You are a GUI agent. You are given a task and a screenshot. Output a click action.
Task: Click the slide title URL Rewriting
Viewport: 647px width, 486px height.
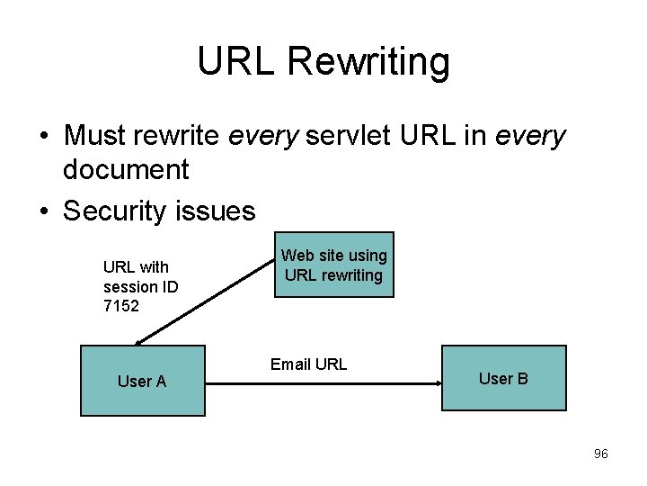323,61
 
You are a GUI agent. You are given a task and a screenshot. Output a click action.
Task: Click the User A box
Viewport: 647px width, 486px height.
142,381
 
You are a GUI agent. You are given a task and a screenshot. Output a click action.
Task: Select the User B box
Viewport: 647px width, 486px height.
503,378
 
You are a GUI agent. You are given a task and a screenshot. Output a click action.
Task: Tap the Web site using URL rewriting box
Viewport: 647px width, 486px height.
334,265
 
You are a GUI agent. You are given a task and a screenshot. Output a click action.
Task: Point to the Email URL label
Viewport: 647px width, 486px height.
308,364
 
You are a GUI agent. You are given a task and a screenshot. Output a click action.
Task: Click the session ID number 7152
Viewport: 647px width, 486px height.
121,306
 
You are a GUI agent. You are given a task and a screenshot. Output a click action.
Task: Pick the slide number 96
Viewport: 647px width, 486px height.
601,454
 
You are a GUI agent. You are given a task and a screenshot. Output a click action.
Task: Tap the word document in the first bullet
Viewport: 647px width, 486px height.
126,169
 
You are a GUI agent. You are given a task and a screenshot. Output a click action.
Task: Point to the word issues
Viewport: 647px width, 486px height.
219,211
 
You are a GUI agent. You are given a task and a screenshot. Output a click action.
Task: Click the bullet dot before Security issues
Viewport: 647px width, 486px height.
43,211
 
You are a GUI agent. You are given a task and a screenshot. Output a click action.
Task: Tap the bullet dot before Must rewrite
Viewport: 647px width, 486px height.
43,137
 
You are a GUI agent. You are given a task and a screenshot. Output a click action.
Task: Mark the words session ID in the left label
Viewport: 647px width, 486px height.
140,286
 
